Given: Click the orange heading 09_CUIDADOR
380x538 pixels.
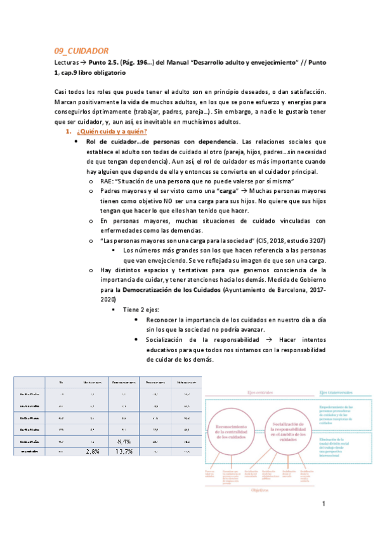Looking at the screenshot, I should pyautogui.click(x=82, y=51).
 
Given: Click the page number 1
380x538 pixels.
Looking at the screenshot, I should pyautogui.click(x=323, y=505).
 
